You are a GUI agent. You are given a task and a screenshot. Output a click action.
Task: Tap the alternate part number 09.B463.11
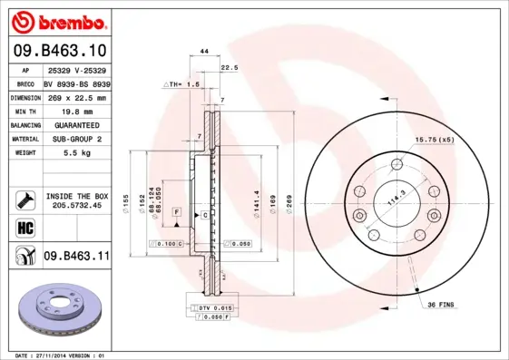76,257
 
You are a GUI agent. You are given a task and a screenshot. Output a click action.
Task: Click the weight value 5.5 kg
75,153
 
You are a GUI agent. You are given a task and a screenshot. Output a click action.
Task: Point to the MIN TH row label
25,111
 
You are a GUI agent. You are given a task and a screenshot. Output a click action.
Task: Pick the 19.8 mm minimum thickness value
75,111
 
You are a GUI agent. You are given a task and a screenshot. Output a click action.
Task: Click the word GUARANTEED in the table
75,125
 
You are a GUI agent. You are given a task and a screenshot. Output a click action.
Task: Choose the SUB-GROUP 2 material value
75,139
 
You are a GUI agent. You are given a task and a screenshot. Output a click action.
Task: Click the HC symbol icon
24,226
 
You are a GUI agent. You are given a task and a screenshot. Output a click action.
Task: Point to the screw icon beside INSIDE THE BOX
24,199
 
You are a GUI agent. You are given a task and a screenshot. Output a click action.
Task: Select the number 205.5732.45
76,206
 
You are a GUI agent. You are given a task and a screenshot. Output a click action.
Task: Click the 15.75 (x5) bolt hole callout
434,140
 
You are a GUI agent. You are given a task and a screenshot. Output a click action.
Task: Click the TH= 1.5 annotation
184,83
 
